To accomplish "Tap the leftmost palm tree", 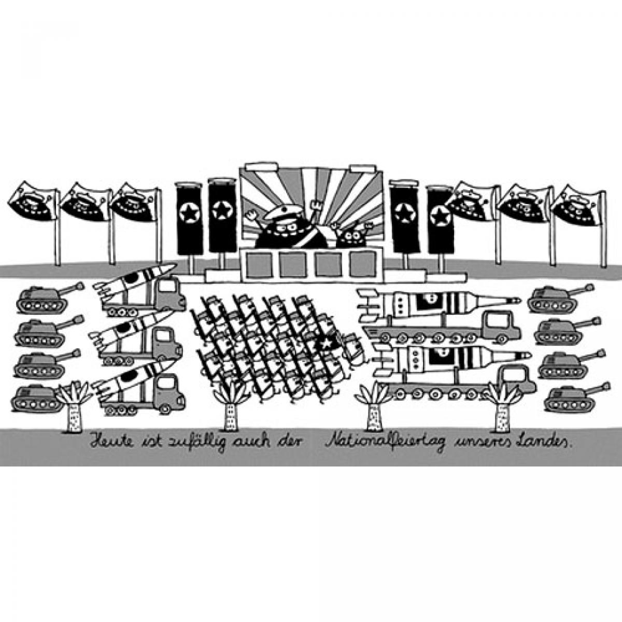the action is click(x=75, y=406).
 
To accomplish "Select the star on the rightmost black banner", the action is click(x=440, y=215).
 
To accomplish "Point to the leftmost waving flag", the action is click(x=33, y=202).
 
